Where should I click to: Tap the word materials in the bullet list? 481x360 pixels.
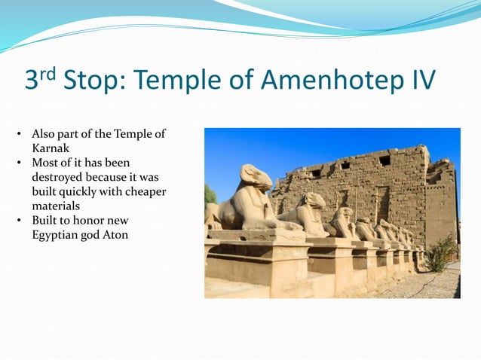(56, 206)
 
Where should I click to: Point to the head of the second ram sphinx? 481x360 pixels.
(314, 200)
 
